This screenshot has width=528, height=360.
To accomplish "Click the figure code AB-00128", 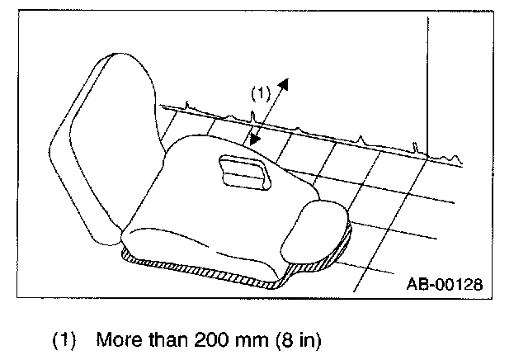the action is pos(443,285).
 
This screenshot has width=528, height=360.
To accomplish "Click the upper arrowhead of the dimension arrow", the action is pos(285,84).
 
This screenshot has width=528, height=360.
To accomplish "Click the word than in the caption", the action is pos(165,339).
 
